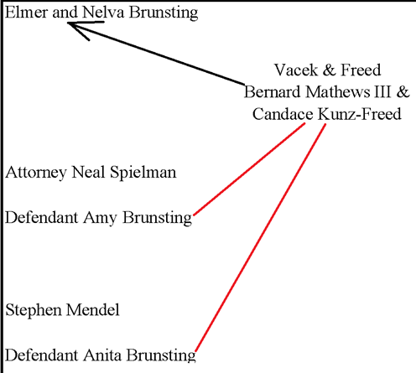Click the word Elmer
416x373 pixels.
[26, 13]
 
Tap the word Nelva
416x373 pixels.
[103, 13]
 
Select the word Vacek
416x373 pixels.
[296, 70]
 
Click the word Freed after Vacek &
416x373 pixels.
[361, 70]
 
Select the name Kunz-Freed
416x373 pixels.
[360, 114]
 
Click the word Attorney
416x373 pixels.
[36, 173]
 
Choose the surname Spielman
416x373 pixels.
[143, 173]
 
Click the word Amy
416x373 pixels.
[100, 218]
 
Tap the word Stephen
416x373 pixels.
[34, 310]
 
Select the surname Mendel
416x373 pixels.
[93, 309]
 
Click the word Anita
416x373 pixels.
[102, 355]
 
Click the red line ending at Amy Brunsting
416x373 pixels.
[249, 169]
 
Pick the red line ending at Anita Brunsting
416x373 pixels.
[261, 237]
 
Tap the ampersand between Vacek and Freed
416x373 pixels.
[329, 70]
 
